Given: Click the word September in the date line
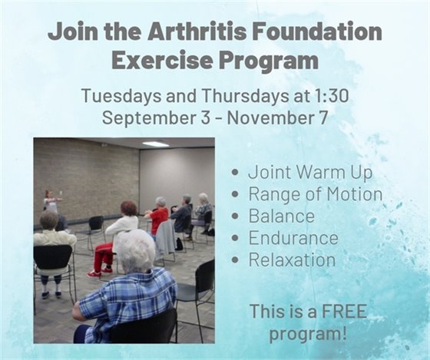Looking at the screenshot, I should [x=144, y=119].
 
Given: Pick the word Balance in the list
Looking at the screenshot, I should [x=281, y=216].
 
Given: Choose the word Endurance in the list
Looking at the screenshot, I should [x=293, y=237].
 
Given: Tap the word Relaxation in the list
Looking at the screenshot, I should [x=292, y=259].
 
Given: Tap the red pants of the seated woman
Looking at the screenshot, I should [x=103, y=257].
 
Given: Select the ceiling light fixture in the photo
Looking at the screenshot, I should [x=156, y=144].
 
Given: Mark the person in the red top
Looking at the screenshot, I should [x=159, y=218].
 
